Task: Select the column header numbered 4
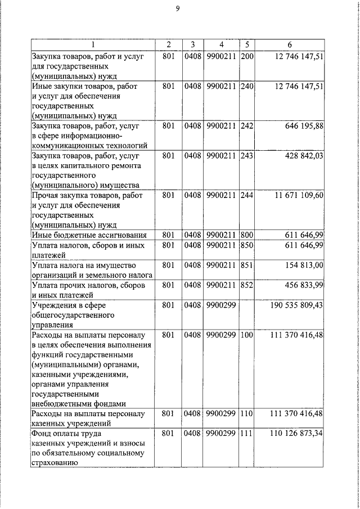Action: (221, 44)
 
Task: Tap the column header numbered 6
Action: (289, 44)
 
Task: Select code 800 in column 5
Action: (246, 235)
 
